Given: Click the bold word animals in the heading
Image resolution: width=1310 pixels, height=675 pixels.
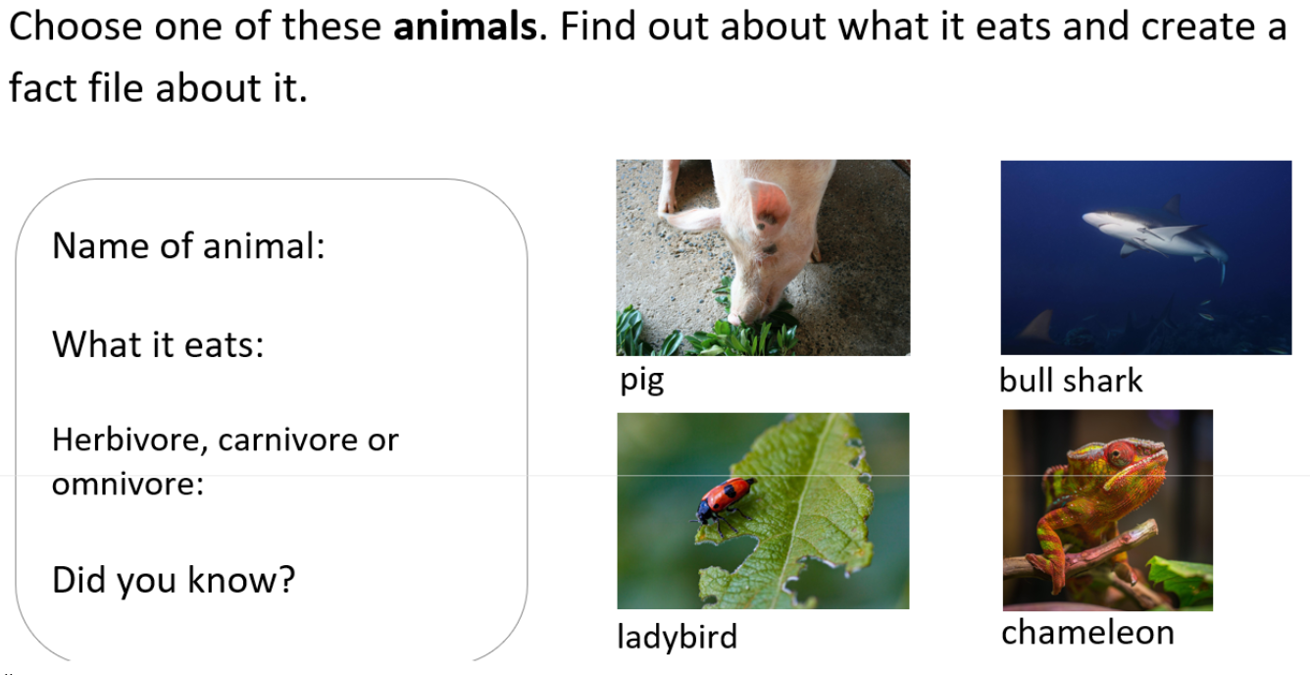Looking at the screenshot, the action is (465, 26).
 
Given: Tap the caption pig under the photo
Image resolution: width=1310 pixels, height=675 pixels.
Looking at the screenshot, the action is (641, 382).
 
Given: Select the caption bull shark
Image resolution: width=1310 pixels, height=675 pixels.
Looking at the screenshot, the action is (1071, 381).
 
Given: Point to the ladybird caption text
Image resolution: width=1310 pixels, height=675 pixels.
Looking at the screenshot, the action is (678, 636).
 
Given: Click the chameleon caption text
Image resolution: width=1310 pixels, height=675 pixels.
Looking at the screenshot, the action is (1087, 632).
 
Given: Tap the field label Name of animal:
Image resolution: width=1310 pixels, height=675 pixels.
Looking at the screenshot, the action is (188, 245).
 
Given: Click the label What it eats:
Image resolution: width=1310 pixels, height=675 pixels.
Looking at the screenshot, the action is (158, 344).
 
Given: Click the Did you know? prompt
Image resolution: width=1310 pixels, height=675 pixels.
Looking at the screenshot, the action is (174, 580).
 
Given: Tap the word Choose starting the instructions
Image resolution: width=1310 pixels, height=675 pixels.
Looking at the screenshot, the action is (76, 26).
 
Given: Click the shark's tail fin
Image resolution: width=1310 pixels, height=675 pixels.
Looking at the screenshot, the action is (1221, 267).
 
